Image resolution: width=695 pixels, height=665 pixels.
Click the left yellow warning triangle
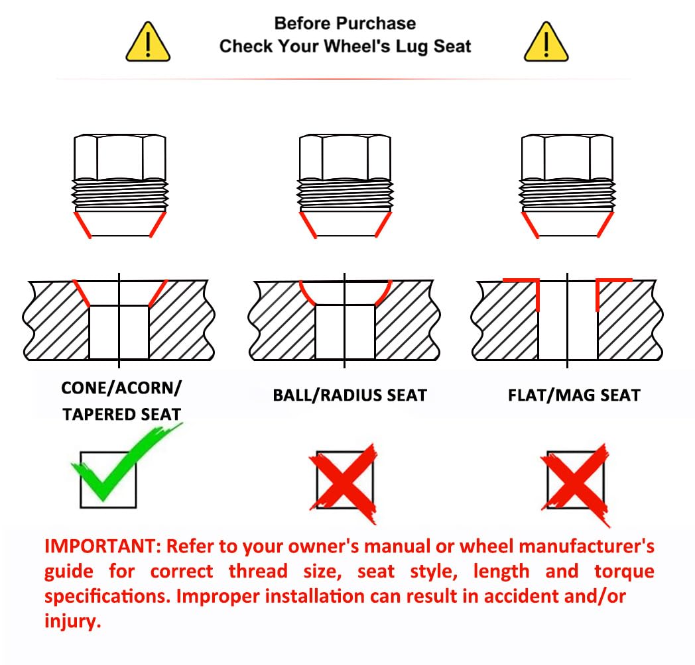[x=148, y=42]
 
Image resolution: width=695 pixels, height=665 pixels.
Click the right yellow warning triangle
[x=546, y=42]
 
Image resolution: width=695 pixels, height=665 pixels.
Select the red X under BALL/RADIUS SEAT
[x=344, y=484]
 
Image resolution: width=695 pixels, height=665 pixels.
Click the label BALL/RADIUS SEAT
[x=349, y=395]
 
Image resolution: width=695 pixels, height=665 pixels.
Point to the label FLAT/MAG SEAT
[x=574, y=395]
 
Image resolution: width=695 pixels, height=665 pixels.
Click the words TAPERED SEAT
[x=121, y=415]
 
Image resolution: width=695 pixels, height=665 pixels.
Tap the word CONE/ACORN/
[x=121, y=388]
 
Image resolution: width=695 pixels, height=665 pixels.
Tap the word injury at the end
[x=73, y=621]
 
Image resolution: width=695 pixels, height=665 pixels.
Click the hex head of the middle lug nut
[x=345, y=158]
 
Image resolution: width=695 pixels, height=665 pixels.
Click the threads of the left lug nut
[x=120, y=195]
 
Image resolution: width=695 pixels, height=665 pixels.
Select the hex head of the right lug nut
[x=568, y=158]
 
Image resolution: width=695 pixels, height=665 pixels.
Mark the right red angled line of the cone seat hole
[x=158, y=293]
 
